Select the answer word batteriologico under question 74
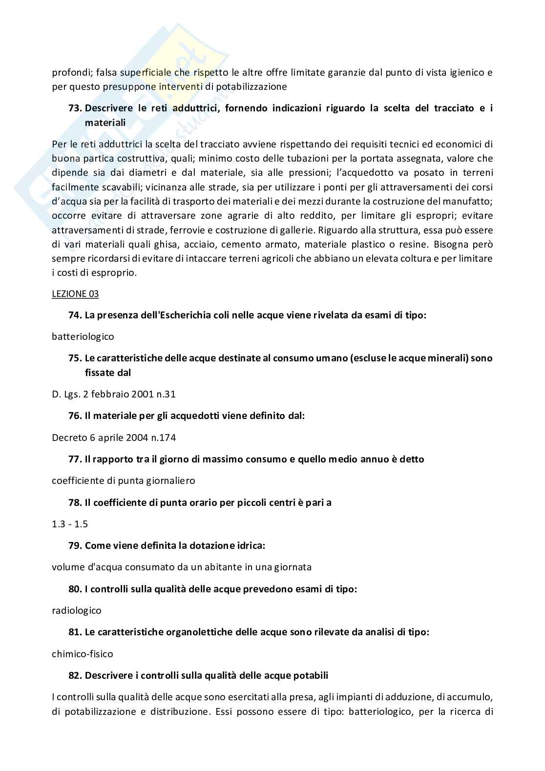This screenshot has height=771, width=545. pos(83,336)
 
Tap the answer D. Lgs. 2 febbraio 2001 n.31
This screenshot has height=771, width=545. pos(114,394)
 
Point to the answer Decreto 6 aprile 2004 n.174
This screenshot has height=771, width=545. pos(114,438)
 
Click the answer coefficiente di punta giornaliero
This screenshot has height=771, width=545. pos(124,480)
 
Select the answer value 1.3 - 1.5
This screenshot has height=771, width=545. pos(70,524)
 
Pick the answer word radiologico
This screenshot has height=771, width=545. pos(77,610)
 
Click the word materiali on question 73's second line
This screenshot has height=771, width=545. pos(105,123)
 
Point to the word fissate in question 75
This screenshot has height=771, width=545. pos(101,372)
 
